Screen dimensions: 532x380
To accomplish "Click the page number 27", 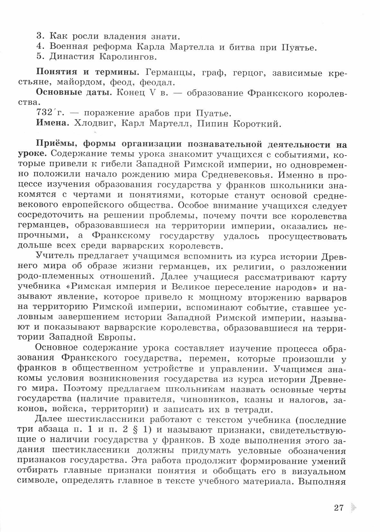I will click(x=339, y=508).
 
